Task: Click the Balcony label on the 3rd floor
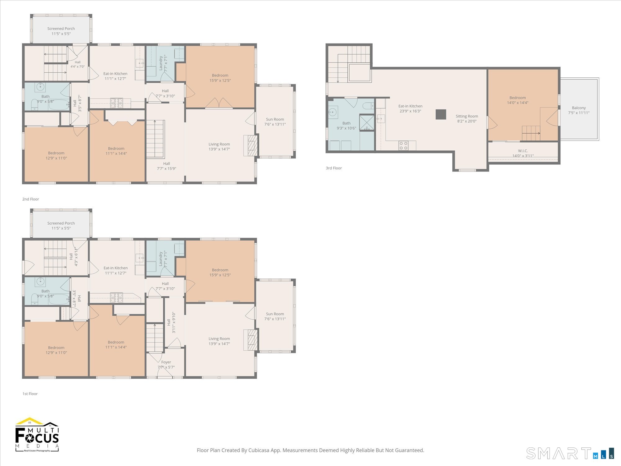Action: (579, 108)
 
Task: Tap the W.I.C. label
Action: (523, 151)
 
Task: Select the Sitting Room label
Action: (467, 116)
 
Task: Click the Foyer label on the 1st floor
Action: (166, 362)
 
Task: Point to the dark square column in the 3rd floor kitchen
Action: (441, 114)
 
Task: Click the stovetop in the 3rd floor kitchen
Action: (403, 146)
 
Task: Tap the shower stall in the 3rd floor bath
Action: (367, 122)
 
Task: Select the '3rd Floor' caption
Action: (334, 168)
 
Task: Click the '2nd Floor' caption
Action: (30, 199)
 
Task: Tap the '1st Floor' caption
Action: (30, 394)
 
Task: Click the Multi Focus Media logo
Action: (37, 435)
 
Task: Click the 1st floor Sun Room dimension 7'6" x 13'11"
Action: (275, 319)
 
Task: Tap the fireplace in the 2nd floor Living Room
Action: (251, 145)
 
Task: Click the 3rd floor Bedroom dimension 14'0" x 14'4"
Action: (518, 103)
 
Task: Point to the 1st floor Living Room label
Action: (219, 339)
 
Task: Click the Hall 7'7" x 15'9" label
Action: (166, 166)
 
